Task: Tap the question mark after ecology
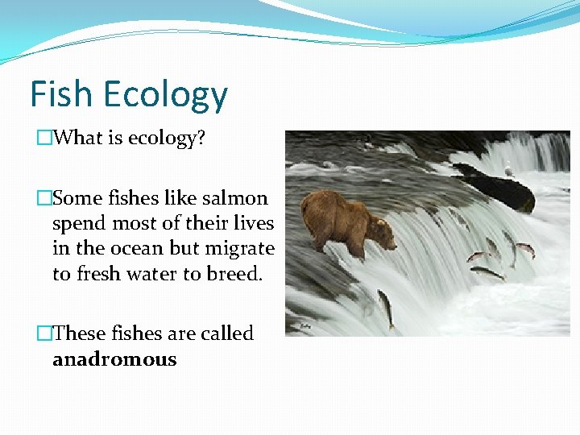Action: (x=201, y=138)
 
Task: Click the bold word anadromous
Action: (x=114, y=359)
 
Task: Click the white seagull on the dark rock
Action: (x=507, y=169)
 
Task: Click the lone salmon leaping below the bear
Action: (x=387, y=308)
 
